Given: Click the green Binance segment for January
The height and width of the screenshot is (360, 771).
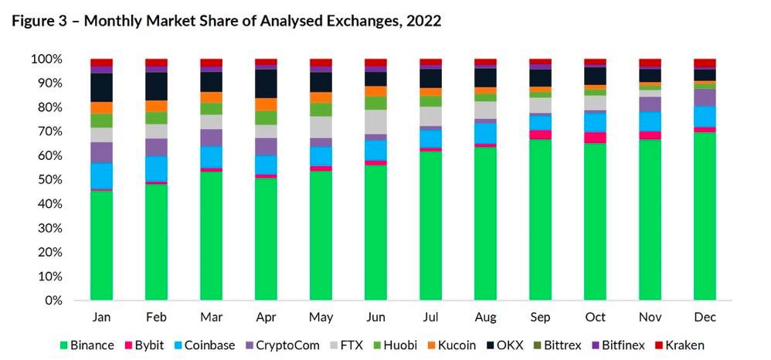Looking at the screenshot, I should (x=101, y=245).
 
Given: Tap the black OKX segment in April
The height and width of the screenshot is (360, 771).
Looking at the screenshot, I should (x=267, y=83).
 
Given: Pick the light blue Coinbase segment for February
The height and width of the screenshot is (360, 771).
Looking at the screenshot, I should (x=157, y=168).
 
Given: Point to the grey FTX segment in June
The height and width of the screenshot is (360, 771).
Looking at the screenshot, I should (x=375, y=121).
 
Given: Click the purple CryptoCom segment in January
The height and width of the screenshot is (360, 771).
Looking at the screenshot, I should (x=101, y=152).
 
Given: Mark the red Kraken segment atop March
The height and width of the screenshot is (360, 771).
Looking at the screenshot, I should (x=212, y=63).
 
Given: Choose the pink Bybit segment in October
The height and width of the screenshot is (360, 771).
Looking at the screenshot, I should (x=595, y=138).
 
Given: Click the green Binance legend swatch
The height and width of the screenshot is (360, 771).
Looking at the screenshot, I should (x=63, y=345).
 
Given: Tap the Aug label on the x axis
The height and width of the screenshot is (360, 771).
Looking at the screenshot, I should (x=485, y=318).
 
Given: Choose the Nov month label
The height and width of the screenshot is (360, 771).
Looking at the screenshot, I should (x=650, y=318).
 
